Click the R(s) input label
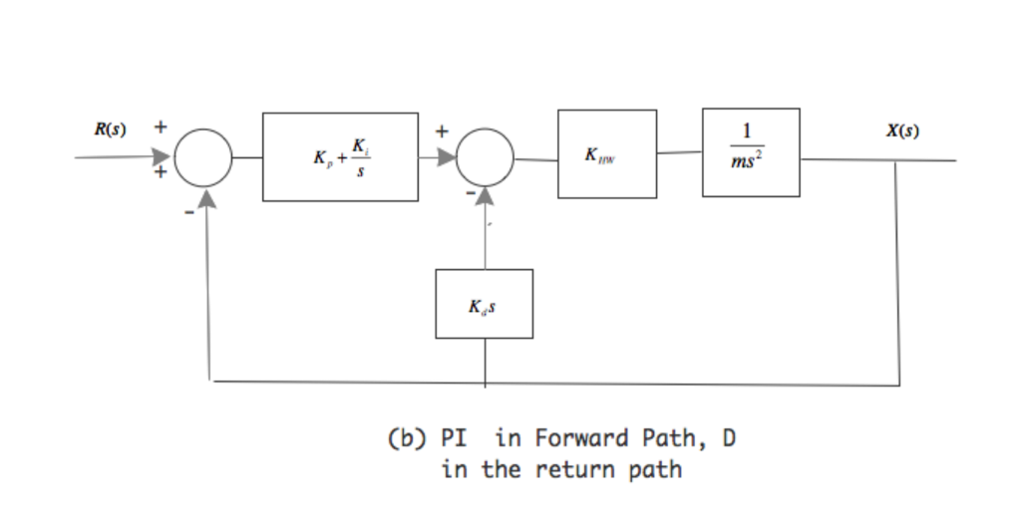click(x=111, y=131)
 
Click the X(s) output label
click(x=902, y=131)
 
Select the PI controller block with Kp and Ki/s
click(x=340, y=157)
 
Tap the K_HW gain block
click(x=606, y=154)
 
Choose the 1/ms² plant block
click(x=750, y=152)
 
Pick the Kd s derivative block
click(x=484, y=304)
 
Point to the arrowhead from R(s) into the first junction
click(x=163, y=157)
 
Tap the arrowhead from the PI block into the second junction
click(x=444, y=157)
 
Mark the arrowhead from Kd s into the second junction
click(x=486, y=198)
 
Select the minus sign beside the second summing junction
click(x=468, y=199)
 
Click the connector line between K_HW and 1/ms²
click(x=679, y=153)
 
